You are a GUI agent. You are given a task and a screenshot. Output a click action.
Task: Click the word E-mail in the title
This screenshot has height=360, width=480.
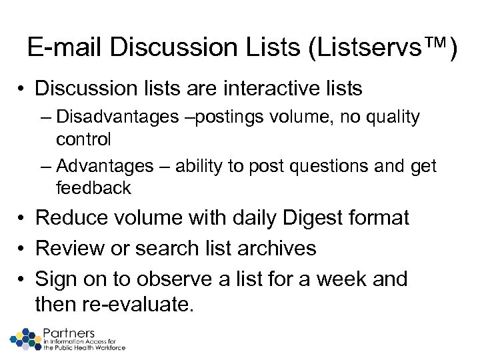click(65, 49)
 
